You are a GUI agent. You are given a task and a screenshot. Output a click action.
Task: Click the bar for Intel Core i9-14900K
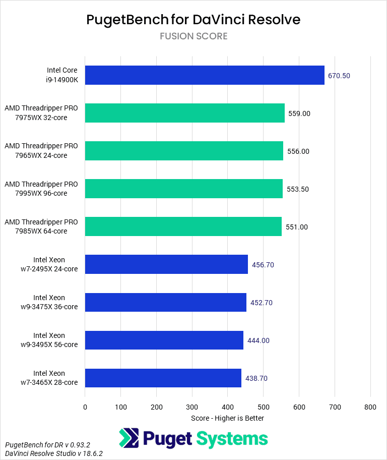coord(205,75)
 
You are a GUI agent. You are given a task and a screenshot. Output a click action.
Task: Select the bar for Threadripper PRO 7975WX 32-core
coord(184,113)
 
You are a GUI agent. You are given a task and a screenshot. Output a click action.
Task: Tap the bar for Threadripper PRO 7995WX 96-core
coord(183,189)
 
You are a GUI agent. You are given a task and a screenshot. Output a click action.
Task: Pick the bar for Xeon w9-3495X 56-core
coord(164,340)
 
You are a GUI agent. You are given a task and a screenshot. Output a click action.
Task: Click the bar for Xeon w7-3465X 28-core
coord(163,378)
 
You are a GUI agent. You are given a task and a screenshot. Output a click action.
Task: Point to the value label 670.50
coord(339,76)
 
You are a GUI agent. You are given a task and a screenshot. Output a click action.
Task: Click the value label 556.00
coord(298,151)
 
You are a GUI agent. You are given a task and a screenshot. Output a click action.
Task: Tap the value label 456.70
coord(263,265)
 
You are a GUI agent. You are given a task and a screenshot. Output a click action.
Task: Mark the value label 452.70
coord(261,303)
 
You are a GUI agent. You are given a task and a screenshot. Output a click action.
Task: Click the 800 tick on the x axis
coord(370,407)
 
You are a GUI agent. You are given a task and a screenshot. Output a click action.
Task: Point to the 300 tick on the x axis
coord(192,407)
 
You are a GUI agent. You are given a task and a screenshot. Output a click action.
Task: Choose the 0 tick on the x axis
coord(85,407)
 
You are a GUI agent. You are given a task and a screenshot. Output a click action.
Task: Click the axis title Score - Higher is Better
coord(227,418)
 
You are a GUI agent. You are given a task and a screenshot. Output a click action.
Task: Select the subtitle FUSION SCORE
coord(193,36)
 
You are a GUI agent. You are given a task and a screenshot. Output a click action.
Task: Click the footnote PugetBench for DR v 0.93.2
coord(47,445)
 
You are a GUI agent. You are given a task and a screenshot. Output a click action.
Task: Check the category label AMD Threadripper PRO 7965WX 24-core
coord(41,151)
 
